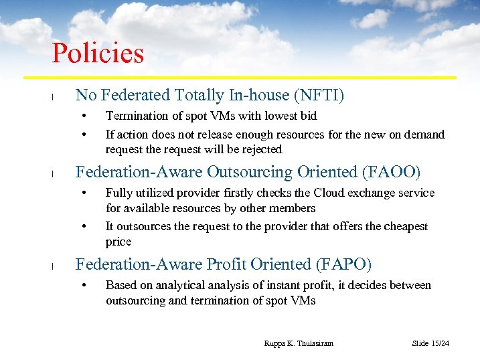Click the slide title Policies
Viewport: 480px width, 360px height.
pos(98,54)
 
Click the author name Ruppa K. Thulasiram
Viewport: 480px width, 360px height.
pos(299,343)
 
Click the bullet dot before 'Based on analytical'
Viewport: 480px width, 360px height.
pos(84,286)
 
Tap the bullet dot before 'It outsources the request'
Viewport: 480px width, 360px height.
pos(84,227)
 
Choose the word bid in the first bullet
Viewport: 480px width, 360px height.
pos(308,116)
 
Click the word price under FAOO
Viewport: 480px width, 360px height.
pos(118,242)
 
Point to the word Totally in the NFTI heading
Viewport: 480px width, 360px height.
pos(196,96)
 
